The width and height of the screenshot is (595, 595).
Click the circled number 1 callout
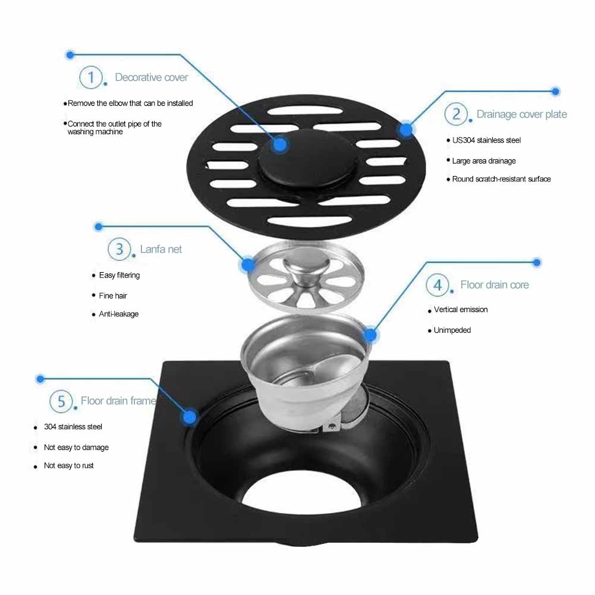pyautogui.click(x=91, y=77)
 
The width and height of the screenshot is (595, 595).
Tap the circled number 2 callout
pyautogui.click(x=457, y=114)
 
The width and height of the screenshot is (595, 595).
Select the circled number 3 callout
pyautogui.click(x=119, y=248)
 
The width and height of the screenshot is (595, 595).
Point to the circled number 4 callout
pyautogui.click(x=437, y=285)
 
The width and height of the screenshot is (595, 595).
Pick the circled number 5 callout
pyautogui.click(x=61, y=401)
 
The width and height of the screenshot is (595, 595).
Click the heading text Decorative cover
pyautogui.click(x=151, y=77)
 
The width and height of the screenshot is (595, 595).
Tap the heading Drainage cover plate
pyautogui.click(x=521, y=114)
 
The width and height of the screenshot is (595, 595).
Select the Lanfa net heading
pyautogui.click(x=160, y=249)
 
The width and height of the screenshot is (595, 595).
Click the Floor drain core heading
pyautogui.click(x=494, y=285)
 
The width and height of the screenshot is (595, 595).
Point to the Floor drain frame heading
pyautogui.click(x=118, y=401)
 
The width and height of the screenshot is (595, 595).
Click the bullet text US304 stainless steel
pyautogui.click(x=486, y=140)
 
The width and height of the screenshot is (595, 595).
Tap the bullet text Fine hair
pyautogui.click(x=113, y=295)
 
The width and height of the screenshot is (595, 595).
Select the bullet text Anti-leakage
pyautogui.click(x=118, y=314)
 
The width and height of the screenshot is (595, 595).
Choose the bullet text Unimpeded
pyautogui.click(x=452, y=330)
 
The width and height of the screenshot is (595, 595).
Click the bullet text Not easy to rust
pyautogui.click(x=69, y=465)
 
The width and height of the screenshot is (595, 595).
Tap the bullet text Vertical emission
pyautogui.click(x=461, y=310)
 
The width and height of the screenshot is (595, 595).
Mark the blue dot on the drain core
pyautogui.click(x=370, y=336)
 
